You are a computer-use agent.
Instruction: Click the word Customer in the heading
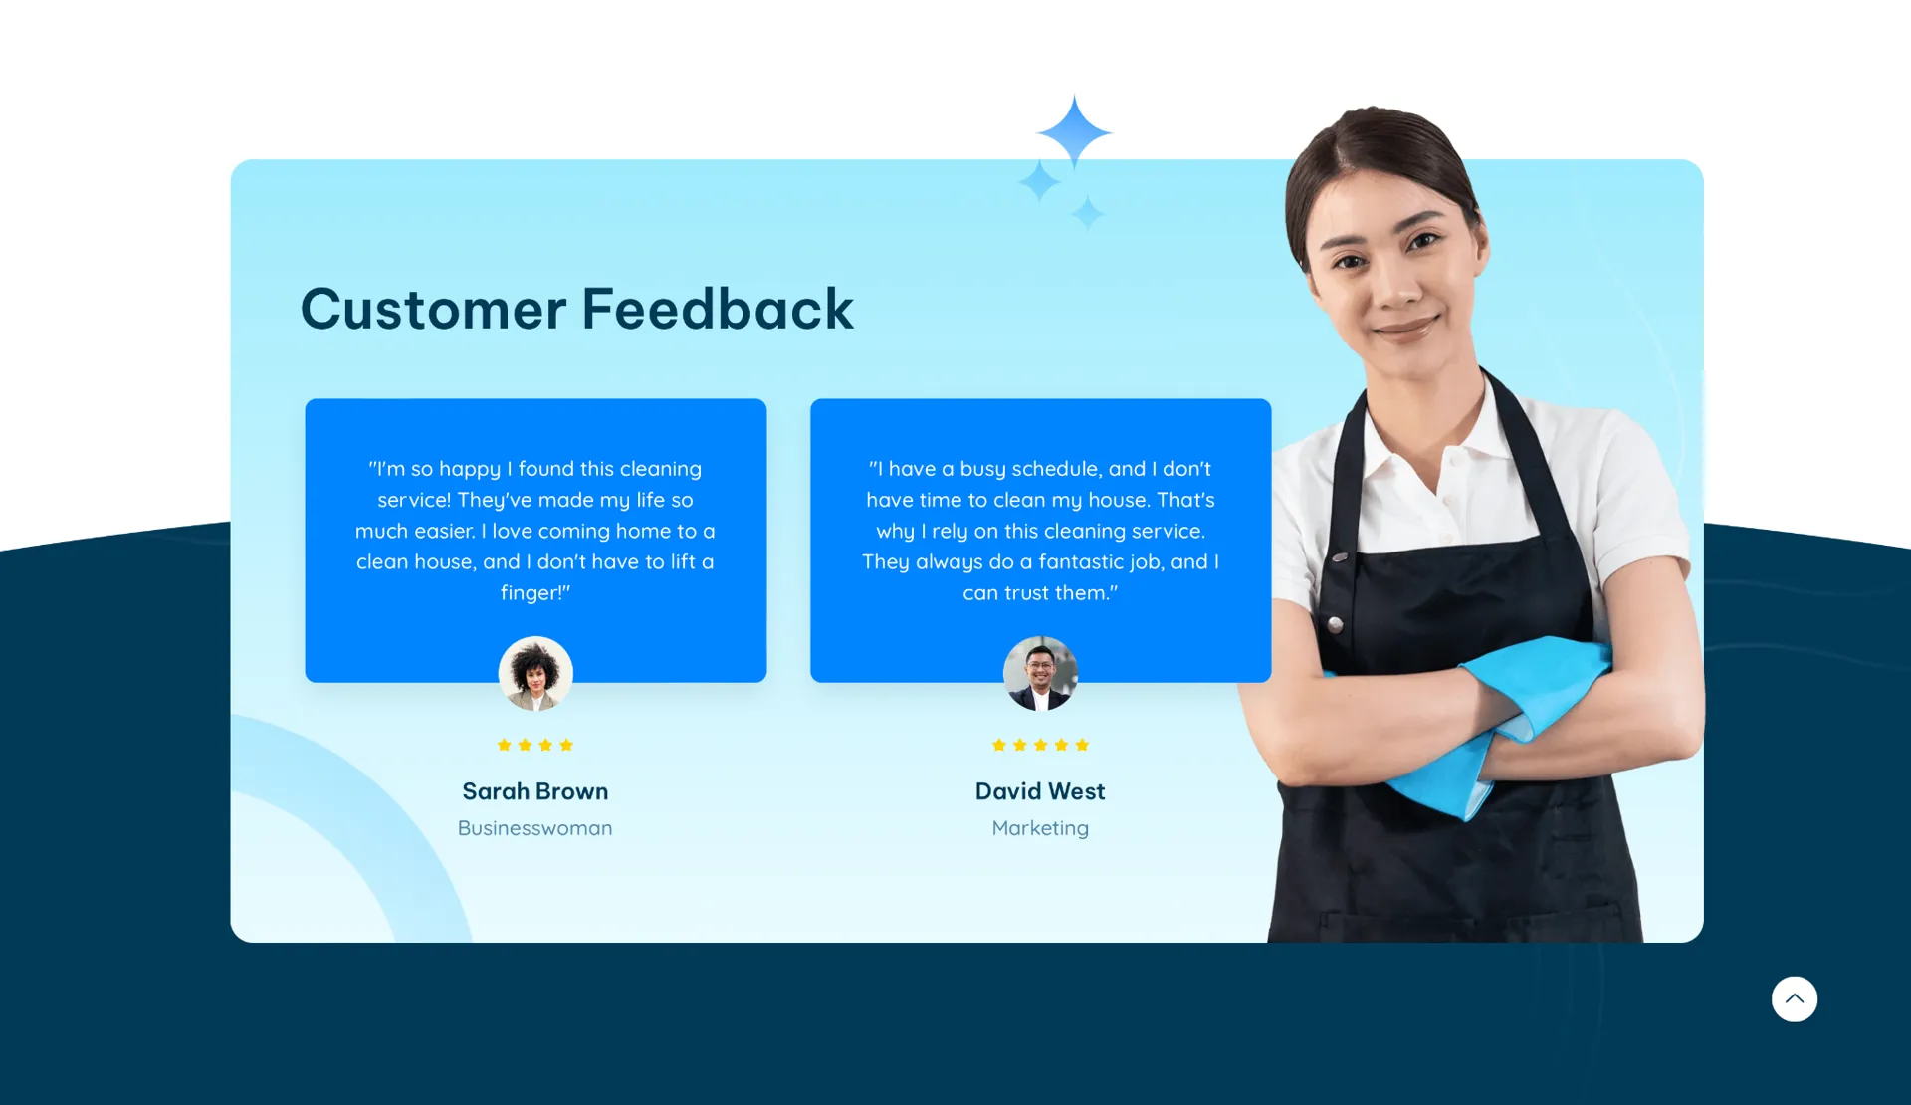coord(433,309)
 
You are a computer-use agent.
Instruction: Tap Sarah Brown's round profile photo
coord(535,673)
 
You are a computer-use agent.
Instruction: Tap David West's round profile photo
coord(1040,673)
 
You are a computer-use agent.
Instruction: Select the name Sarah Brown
coord(535,791)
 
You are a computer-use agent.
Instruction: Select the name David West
coord(1040,791)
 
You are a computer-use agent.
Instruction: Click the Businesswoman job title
coord(535,828)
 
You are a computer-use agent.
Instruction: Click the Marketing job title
coord(1040,828)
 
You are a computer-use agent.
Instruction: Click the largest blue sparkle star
coord(1074,131)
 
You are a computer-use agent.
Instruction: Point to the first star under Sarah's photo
coord(504,745)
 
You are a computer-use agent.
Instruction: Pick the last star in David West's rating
coord(1082,745)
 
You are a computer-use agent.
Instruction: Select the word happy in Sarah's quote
coord(470,469)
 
